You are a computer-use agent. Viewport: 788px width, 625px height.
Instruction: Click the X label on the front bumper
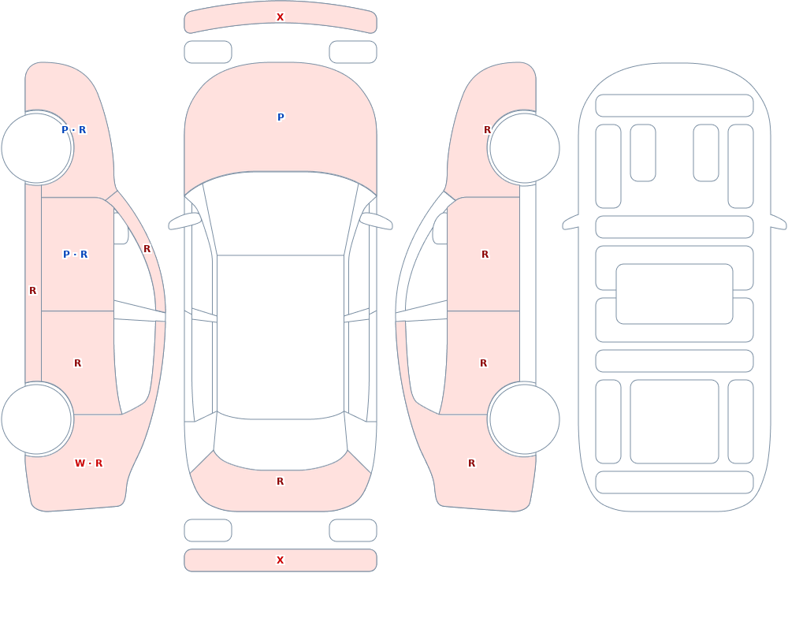[280, 17]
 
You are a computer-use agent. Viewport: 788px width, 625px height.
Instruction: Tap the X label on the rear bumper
[280, 560]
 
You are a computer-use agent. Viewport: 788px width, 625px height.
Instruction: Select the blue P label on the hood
[281, 117]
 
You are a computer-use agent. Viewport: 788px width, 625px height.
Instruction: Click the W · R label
[88, 463]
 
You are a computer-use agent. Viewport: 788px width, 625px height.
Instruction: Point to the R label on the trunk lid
[280, 482]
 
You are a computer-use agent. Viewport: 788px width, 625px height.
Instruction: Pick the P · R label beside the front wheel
[74, 130]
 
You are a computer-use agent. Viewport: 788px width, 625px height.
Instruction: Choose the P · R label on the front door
[76, 255]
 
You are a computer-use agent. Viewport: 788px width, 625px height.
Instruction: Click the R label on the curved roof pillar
[147, 249]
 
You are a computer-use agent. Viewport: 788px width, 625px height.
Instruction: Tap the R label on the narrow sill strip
[32, 291]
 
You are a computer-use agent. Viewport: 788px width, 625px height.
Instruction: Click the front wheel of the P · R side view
[36, 148]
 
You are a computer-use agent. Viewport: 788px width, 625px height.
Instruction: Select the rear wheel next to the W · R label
[36, 419]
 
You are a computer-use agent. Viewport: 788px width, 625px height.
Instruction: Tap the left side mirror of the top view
[184, 221]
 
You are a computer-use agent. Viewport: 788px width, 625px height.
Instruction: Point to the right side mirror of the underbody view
[779, 221]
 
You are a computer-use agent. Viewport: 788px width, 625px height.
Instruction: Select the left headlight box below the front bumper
[208, 52]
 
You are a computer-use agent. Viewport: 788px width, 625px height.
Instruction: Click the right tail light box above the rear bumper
[353, 530]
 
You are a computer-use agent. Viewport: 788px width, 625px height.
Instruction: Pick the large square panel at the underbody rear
[675, 422]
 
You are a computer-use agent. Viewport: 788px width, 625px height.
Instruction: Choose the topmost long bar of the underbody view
[675, 106]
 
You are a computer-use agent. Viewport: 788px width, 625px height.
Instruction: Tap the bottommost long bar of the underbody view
[675, 482]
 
